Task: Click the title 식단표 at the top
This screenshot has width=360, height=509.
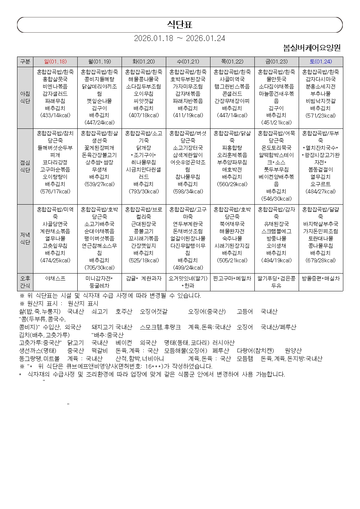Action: coord(180,25)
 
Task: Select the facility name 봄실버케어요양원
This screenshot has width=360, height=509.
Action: coord(312,48)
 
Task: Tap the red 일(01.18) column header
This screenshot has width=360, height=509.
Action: coord(55,62)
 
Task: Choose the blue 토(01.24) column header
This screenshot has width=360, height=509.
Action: coord(320,62)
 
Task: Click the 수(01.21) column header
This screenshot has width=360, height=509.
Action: coord(188,62)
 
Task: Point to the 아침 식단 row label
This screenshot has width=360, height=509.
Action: coord(25,97)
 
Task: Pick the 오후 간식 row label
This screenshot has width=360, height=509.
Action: coord(25,282)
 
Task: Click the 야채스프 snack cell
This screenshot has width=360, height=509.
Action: coord(55,278)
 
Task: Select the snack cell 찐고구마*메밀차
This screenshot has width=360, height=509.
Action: coord(232,278)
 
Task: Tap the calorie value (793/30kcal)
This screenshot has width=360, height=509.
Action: coord(144,191)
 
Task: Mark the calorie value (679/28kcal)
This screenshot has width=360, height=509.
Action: coord(320,260)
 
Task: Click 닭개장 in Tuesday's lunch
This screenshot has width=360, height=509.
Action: coord(144,148)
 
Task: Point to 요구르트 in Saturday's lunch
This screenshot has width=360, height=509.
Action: coord(320,184)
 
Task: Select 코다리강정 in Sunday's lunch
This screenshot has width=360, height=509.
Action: coord(55,162)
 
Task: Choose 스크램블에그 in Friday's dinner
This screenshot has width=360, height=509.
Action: coord(276,231)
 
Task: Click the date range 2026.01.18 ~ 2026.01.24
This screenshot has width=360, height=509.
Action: coord(180,38)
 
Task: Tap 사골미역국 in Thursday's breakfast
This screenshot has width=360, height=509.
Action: coord(232,79)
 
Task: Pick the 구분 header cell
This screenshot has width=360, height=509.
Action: coord(25,62)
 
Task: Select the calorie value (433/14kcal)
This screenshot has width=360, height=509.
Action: coord(55,115)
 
